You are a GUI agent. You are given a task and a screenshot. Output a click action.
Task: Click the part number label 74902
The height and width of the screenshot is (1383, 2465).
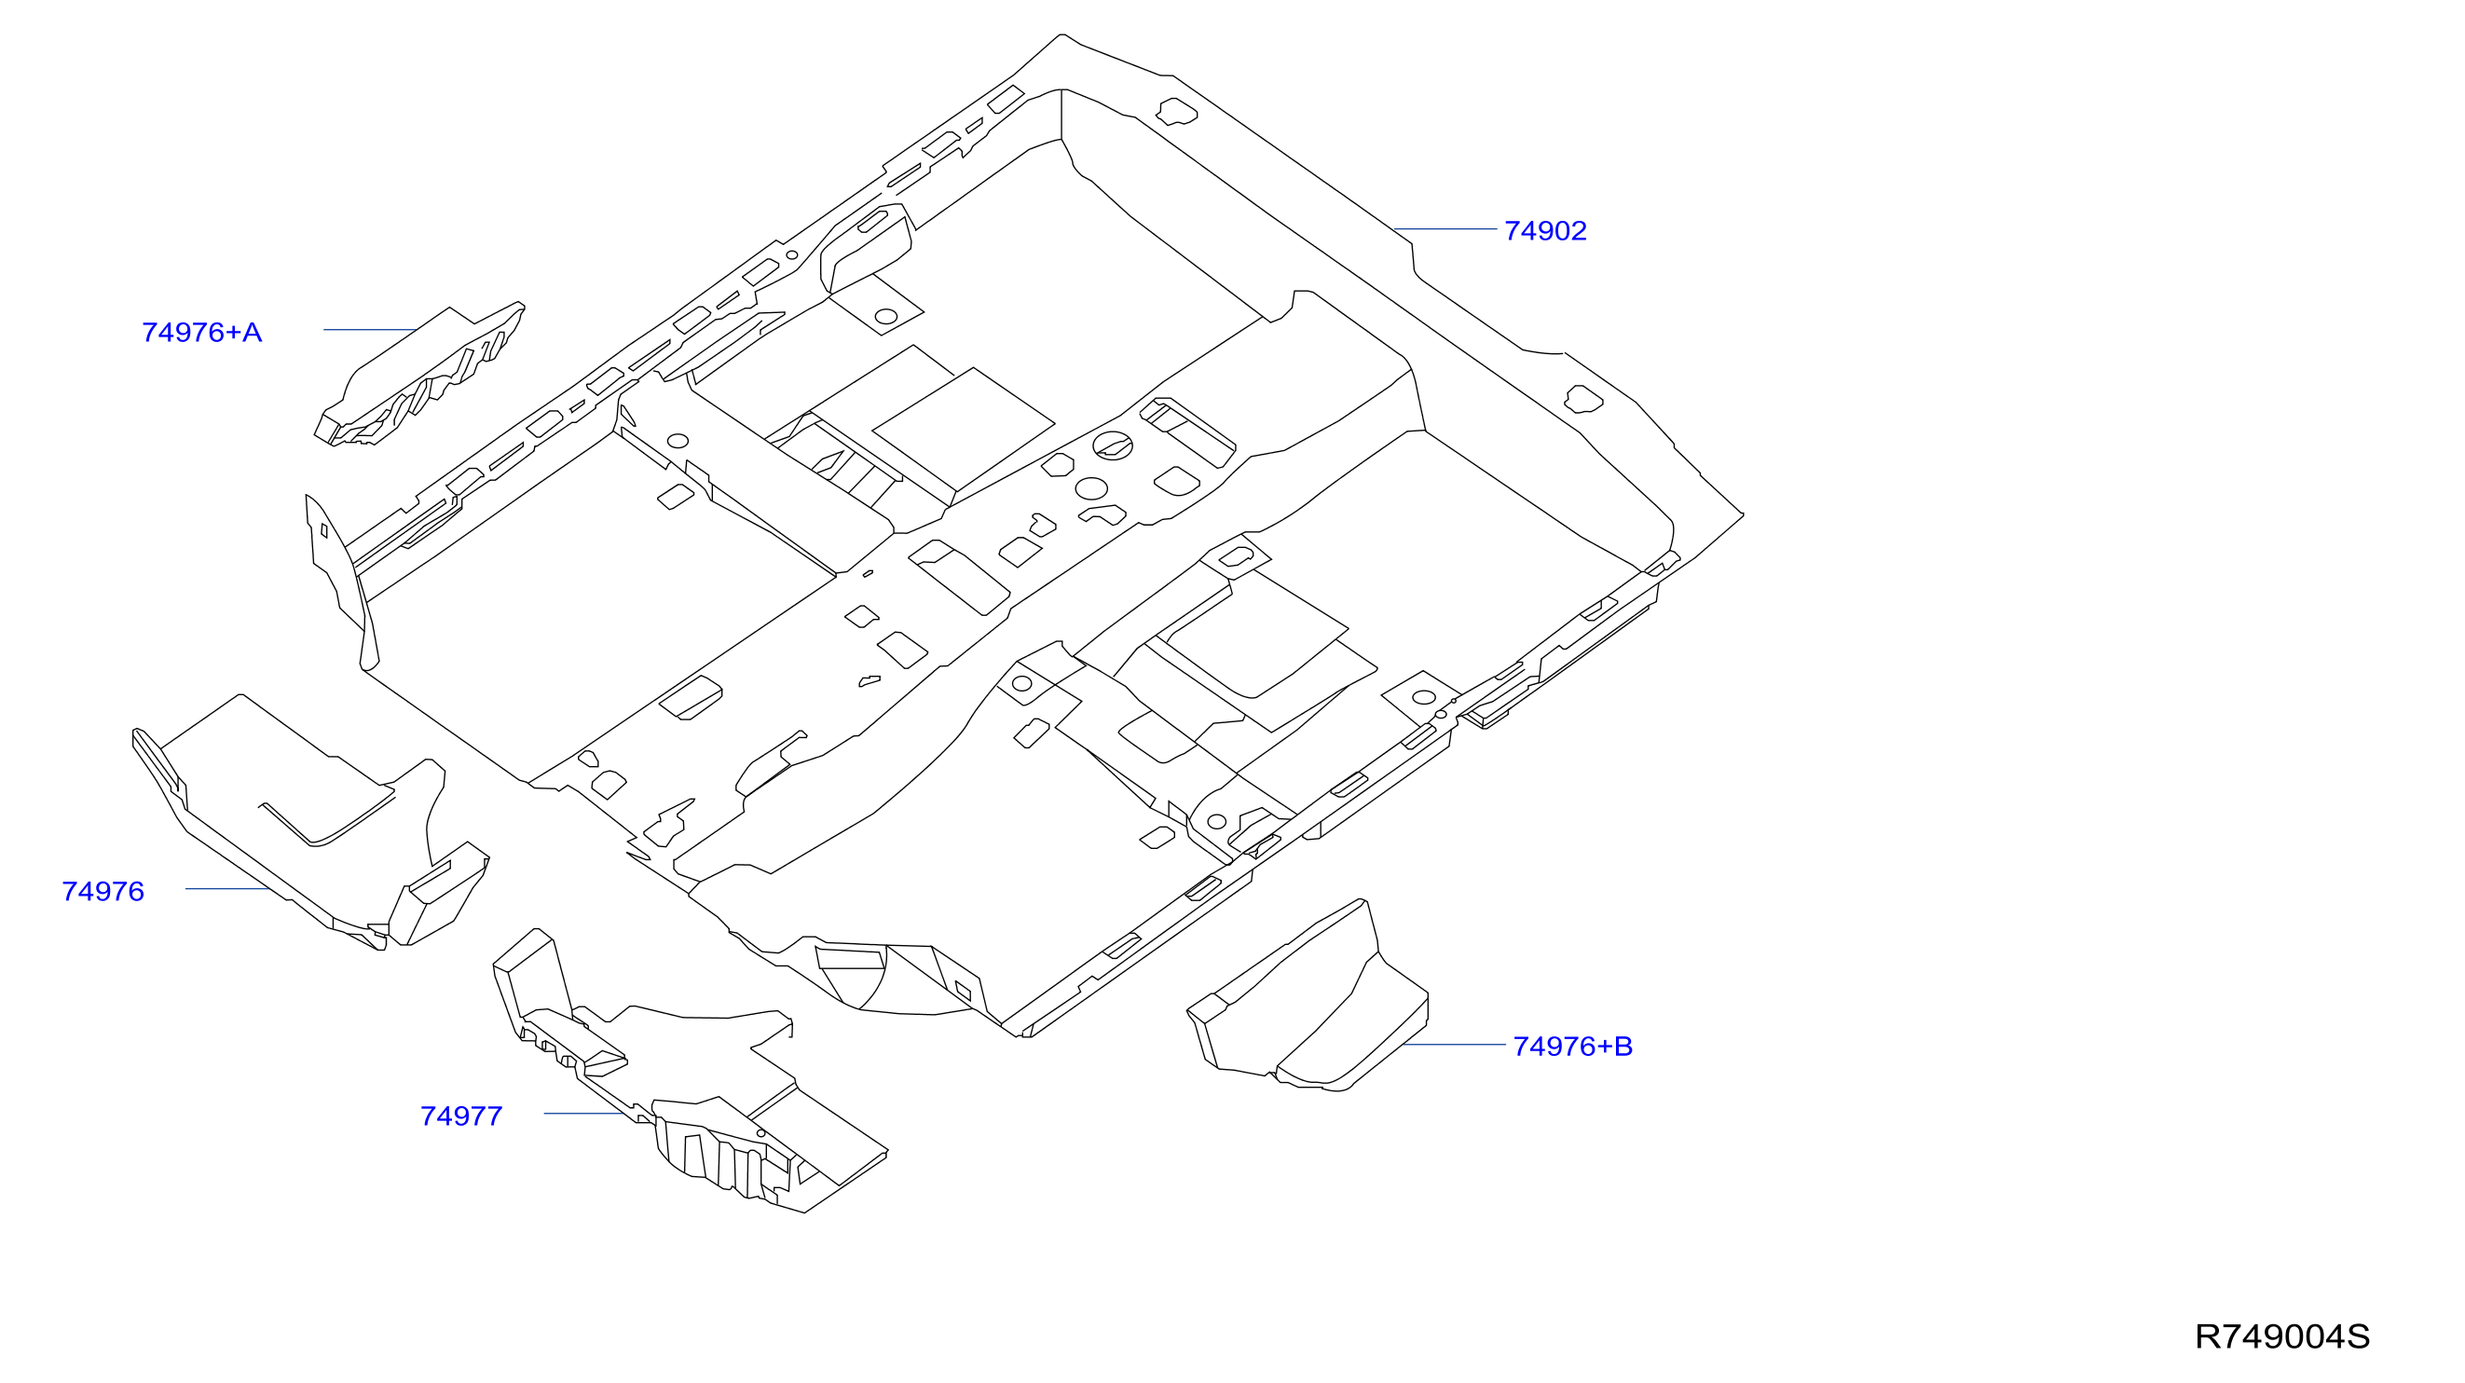click(1544, 231)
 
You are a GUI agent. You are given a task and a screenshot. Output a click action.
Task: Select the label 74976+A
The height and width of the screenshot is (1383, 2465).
click(201, 332)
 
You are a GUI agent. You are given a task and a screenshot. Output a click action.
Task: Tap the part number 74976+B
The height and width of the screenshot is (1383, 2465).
click(1572, 1046)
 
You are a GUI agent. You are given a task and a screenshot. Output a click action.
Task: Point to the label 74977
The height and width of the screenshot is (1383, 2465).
click(461, 1116)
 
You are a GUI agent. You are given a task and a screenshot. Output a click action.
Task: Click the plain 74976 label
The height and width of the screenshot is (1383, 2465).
click(103, 891)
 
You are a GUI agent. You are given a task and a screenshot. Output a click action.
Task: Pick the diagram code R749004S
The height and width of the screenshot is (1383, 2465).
click(2282, 1336)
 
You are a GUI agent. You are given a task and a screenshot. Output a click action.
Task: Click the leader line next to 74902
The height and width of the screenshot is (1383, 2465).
click(1445, 228)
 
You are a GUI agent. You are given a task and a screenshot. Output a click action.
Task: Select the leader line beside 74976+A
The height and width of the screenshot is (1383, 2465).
click(369, 329)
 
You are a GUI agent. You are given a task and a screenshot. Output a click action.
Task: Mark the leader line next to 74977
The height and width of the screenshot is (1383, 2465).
click(584, 1113)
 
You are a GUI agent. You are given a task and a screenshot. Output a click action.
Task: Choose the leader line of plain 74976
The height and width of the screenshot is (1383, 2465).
click(226, 888)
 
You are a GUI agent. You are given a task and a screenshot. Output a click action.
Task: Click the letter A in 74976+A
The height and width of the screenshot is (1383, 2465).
click(252, 332)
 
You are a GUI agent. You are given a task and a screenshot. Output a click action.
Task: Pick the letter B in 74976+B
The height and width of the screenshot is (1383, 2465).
click(1623, 1046)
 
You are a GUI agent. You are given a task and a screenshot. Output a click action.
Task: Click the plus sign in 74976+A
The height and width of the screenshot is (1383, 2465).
click(234, 333)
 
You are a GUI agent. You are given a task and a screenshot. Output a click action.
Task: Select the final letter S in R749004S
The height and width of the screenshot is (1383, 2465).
click(2359, 1336)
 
